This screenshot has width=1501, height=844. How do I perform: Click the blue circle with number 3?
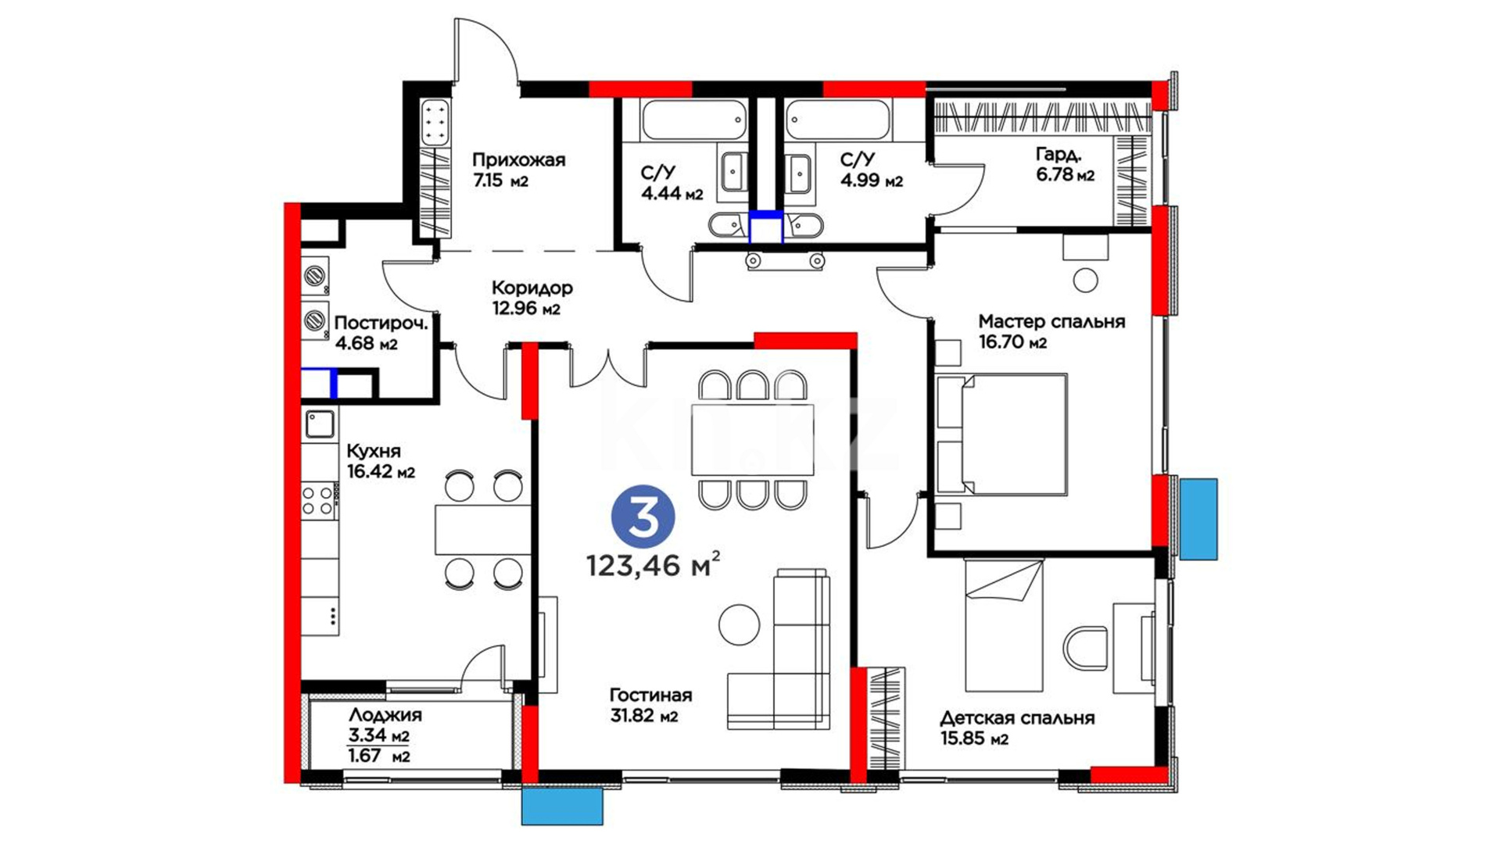click(x=643, y=517)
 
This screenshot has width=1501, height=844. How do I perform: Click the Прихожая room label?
click(x=518, y=160)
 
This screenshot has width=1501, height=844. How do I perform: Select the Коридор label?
click(x=532, y=288)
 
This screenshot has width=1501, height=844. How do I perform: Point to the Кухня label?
click(x=374, y=452)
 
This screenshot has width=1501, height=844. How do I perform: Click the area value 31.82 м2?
click(x=643, y=716)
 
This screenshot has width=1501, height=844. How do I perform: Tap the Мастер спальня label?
click(x=1051, y=321)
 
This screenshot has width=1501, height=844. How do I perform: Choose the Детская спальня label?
click(x=1017, y=718)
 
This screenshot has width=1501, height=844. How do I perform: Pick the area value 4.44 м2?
click(x=672, y=194)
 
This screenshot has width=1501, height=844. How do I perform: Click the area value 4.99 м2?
click(x=872, y=181)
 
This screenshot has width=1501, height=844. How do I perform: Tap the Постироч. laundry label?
click(x=381, y=323)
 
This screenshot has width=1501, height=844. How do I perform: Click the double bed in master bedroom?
click(x=1002, y=435)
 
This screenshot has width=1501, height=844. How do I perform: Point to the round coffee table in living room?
click(x=739, y=624)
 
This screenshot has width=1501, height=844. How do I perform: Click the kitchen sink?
click(x=320, y=424)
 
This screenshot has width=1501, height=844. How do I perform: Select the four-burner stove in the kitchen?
click(x=318, y=500)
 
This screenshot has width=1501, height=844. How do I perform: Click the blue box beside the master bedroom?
click(x=1198, y=519)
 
